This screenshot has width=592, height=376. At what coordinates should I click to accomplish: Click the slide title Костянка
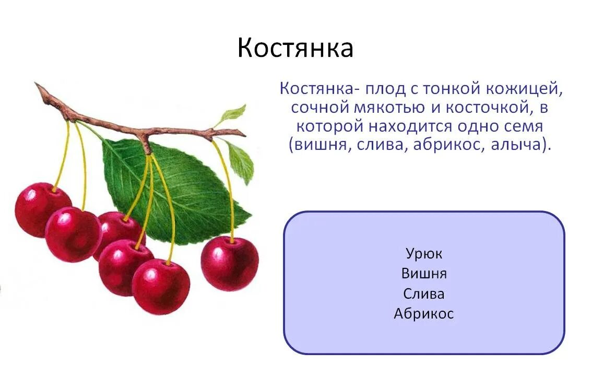[x=295, y=48]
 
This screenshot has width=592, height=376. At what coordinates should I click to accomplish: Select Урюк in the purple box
[x=424, y=254]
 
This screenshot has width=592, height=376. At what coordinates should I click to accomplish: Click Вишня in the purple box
[x=424, y=274]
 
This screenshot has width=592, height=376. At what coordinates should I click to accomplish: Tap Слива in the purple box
[x=424, y=293]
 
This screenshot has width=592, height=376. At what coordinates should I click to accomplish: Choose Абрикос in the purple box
[x=424, y=313]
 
